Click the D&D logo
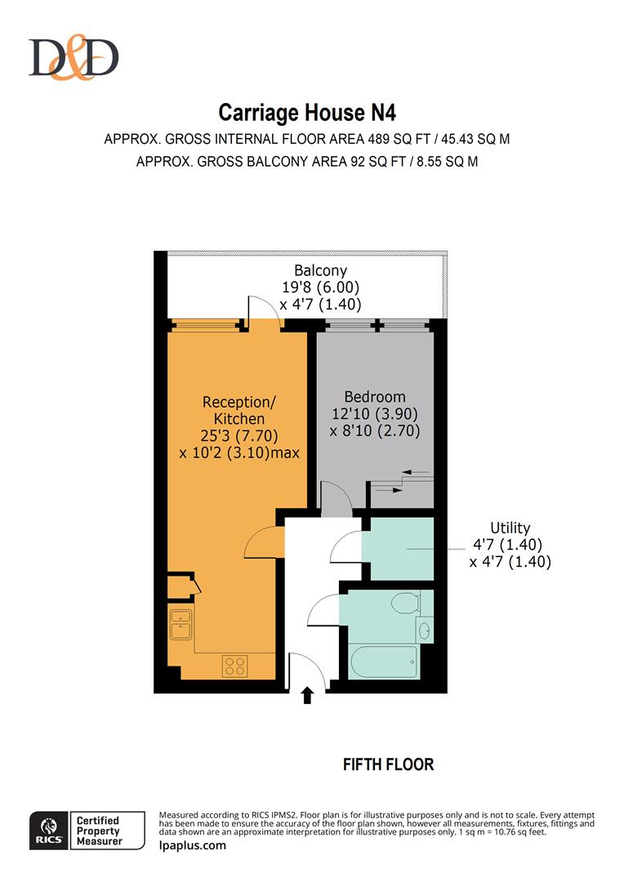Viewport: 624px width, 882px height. pyautogui.click(x=74, y=57)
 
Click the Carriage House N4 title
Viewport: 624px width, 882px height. pyautogui.click(x=307, y=113)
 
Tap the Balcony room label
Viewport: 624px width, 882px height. pyautogui.click(x=321, y=270)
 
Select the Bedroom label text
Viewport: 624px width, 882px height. pyautogui.click(x=375, y=397)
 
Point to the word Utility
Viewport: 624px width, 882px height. pyautogui.click(x=510, y=528)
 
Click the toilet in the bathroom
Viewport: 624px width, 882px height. pyautogui.click(x=406, y=603)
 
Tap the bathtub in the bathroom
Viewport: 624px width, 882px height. pyautogui.click(x=383, y=661)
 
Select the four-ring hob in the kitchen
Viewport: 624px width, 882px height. pyautogui.click(x=234, y=666)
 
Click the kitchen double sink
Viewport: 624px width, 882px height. pyautogui.click(x=181, y=624)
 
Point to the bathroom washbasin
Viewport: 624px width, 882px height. pyautogui.click(x=425, y=630)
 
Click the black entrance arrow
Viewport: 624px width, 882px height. pyautogui.click(x=307, y=695)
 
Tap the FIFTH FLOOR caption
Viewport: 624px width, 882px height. pyautogui.click(x=388, y=764)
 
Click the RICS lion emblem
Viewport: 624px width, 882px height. pyautogui.click(x=49, y=826)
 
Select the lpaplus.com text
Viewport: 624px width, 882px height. pyautogui.click(x=193, y=845)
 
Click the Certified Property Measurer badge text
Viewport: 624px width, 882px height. pyautogui.click(x=99, y=831)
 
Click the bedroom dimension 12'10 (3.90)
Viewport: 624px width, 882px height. pyautogui.click(x=375, y=414)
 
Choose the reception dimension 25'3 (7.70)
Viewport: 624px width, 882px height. pyautogui.click(x=239, y=436)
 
